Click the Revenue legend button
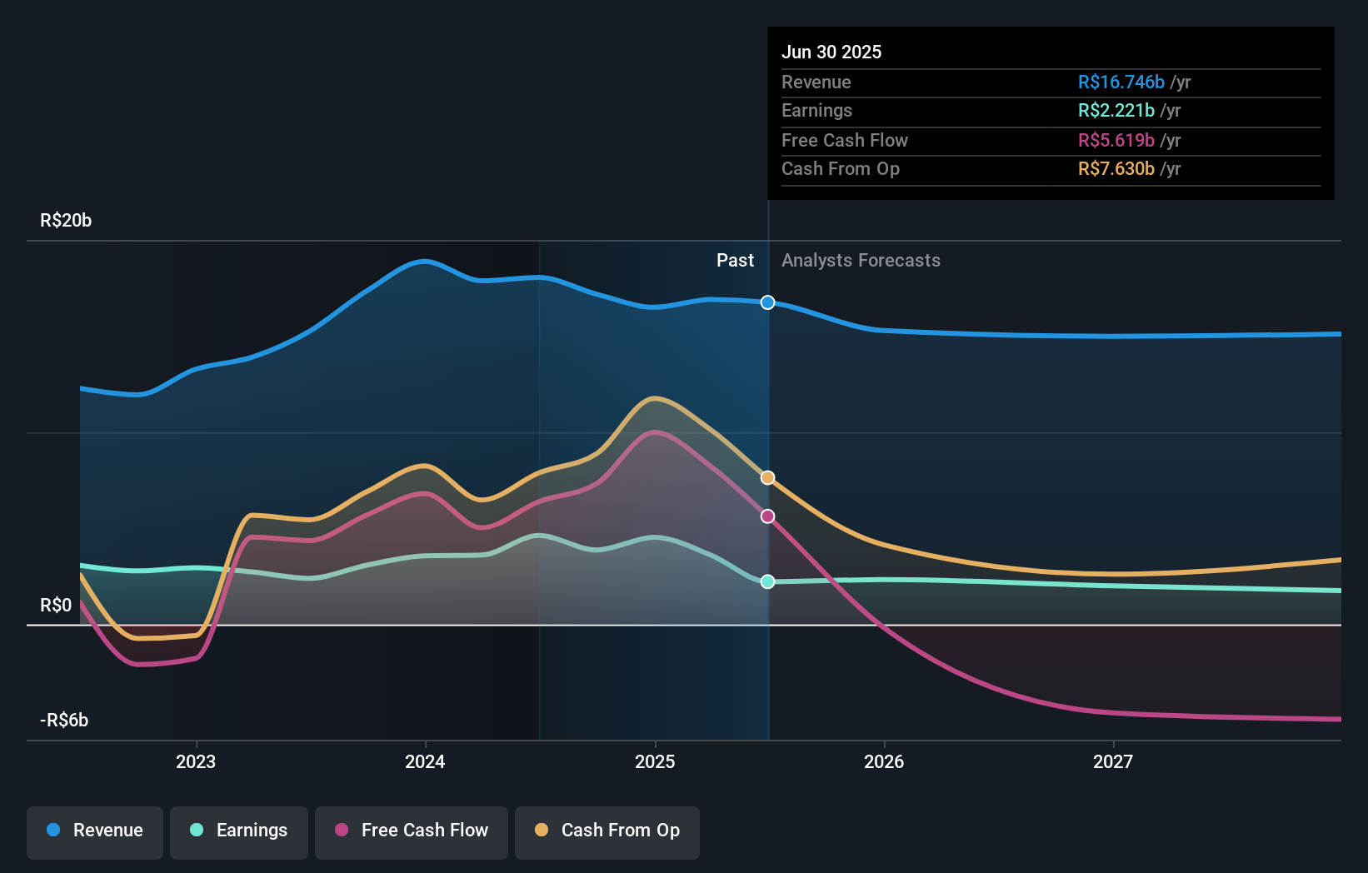pos(95,831)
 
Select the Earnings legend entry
pos(239,831)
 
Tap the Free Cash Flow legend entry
pos(412,831)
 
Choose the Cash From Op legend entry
pos(607,831)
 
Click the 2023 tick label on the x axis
pos(196,761)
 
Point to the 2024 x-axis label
pos(425,761)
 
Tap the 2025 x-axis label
pos(655,761)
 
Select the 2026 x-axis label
pos(884,761)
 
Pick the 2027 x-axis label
pos(1113,761)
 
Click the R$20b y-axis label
pos(66,221)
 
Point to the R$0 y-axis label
pos(56,606)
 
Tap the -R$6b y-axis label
pos(64,721)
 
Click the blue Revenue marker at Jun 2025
pos(768,302)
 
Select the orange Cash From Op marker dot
pos(768,478)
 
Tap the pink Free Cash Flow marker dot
pos(768,516)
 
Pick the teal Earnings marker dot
pos(768,581)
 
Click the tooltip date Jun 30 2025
pos(831,52)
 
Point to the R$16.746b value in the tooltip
pos(1121,82)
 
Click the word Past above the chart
pos(735,261)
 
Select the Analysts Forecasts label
pos(861,261)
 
